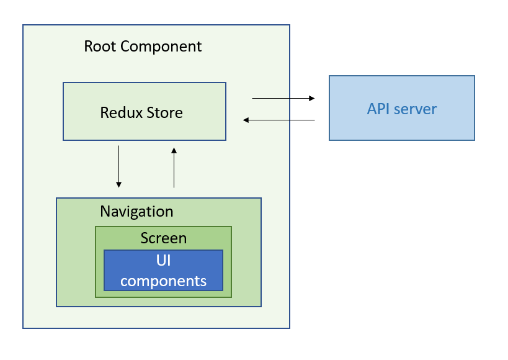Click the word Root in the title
[x=100, y=47]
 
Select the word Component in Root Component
[x=161, y=47]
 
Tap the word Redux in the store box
[x=121, y=112]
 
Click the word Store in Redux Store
[x=164, y=112]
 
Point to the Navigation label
[x=136, y=212]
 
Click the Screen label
[x=164, y=238]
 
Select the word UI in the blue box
[x=163, y=261]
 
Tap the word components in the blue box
[x=163, y=281]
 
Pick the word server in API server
[x=416, y=109]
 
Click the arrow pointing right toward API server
[x=283, y=98]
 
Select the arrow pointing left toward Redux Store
[x=279, y=120]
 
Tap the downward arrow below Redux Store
[x=118, y=166]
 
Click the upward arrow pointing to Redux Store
[x=174, y=168]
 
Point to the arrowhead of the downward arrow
[x=118, y=185]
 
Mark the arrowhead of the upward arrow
[x=174, y=150]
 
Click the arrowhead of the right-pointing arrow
[x=311, y=98]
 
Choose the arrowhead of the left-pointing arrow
[x=246, y=120]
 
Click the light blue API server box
[x=402, y=108]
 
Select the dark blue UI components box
[x=163, y=270]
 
